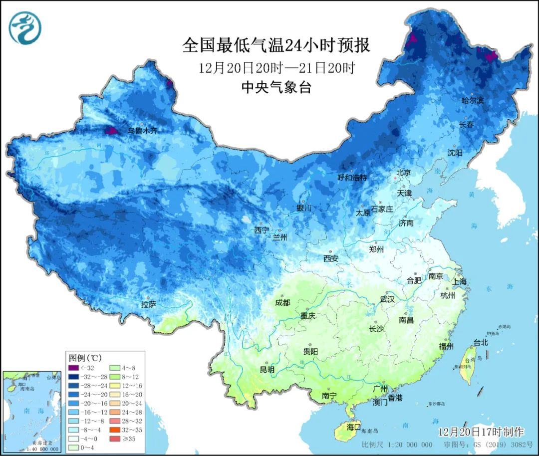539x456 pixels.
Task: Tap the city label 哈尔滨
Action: (472, 100)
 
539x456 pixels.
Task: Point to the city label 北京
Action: (403, 173)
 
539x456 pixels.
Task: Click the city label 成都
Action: (282, 302)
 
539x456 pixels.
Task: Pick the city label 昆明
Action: (267, 370)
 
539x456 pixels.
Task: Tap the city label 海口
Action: (353, 427)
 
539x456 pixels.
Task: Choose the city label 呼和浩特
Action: (352, 178)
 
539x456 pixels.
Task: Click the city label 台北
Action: (481, 343)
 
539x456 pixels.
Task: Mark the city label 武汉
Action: (387, 299)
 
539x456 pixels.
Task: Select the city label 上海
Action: (460, 281)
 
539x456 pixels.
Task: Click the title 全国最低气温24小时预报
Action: (276, 45)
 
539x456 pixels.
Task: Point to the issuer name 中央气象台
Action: (276, 87)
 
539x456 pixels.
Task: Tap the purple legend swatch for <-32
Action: (75, 368)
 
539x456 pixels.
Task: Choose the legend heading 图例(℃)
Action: (85, 358)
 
